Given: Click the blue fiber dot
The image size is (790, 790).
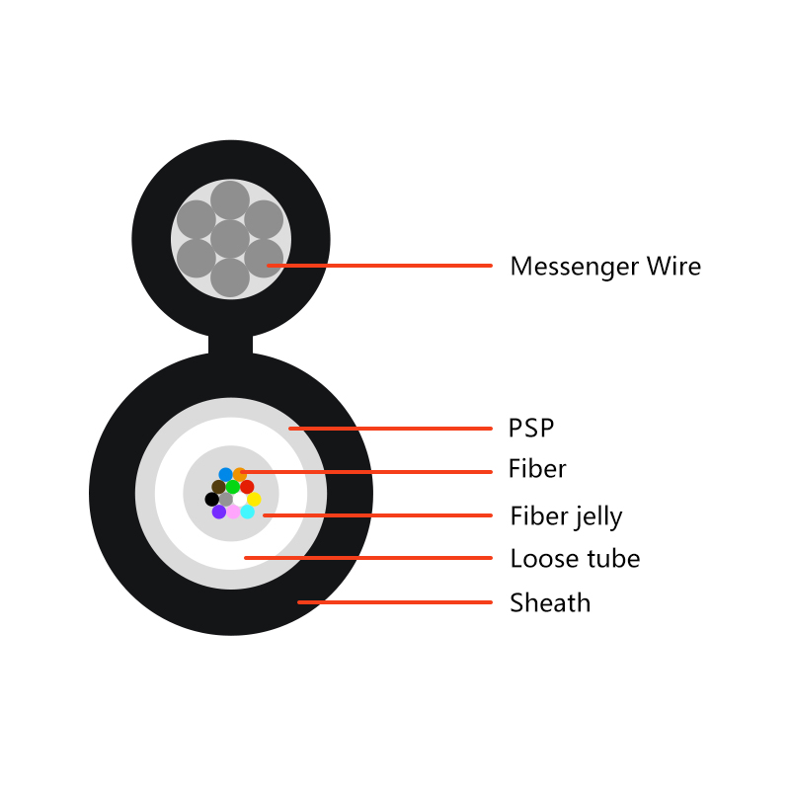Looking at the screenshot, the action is coord(226,475).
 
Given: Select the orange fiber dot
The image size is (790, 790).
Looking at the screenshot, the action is coord(239,475).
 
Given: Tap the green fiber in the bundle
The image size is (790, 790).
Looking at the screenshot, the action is coord(233,487).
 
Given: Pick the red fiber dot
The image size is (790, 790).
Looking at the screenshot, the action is coord(247,487).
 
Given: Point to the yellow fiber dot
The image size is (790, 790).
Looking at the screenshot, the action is coord(254,500).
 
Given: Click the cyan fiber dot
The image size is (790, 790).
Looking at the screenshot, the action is coord(247,512).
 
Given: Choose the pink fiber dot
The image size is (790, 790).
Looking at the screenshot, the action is coord(233,512).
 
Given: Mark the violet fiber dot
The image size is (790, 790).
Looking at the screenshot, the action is coord(218,512).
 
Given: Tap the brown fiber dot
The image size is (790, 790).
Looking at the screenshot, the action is coord(218,487).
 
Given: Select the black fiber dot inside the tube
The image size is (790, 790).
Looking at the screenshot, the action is coord(211,500).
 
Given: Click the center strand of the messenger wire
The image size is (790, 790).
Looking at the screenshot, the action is coord(230,239).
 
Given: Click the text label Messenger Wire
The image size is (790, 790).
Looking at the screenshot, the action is coord(605,267).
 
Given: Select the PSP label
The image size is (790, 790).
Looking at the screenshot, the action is coord(531,429).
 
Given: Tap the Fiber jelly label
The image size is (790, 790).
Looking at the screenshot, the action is coord(566,516).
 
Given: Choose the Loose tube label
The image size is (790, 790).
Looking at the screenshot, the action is coord(575,559).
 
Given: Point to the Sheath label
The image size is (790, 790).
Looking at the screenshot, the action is coord(550,602).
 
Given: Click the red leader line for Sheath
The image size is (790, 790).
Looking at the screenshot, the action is coord(394,602).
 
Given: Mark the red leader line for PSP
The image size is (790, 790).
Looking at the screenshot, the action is coord(390,429).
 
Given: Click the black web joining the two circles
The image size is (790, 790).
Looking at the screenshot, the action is coord(230,345).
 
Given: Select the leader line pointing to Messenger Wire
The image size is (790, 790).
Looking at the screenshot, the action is coord(379,265).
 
